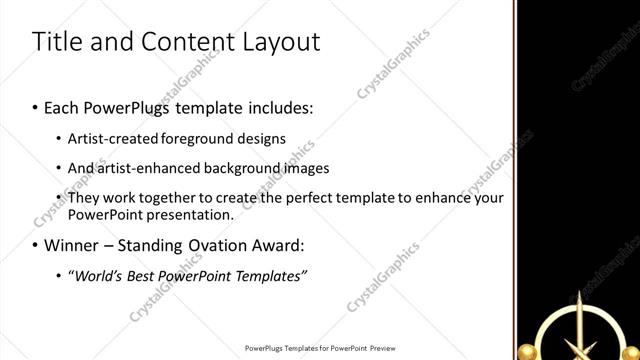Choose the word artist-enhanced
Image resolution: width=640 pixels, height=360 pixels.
(145, 168)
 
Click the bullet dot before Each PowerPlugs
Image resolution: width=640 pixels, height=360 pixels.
(35, 105)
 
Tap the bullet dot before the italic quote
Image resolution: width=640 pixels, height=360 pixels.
(60, 276)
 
